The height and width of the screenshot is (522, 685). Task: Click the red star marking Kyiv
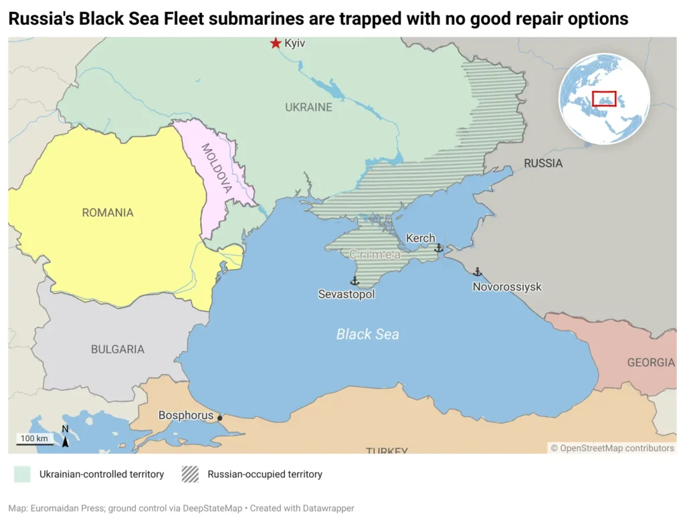[x=275, y=43]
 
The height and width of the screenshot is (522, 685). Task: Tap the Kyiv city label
[x=295, y=43]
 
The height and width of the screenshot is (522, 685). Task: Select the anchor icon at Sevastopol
[x=355, y=281]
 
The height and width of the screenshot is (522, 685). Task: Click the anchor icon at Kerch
[x=439, y=248]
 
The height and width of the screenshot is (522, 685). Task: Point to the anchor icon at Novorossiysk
[x=477, y=272]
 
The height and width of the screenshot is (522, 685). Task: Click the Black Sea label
[x=367, y=334]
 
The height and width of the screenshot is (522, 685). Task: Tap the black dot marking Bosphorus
[x=219, y=418]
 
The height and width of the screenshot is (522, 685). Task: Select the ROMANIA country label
[x=108, y=213]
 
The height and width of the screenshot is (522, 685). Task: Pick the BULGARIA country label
[x=118, y=349]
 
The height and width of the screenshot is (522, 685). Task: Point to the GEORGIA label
[x=650, y=363]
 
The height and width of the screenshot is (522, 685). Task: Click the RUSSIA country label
[x=543, y=163]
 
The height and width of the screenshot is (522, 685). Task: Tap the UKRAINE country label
[x=308, y=107]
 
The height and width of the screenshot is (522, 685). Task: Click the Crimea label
[x=375, y=254]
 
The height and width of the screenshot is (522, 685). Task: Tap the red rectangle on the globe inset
[x=604, y=98]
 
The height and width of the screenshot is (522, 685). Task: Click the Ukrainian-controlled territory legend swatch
[x=22, y=474]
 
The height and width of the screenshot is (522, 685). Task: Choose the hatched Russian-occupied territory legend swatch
[x=190, y=474]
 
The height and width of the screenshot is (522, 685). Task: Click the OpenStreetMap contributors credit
[x=612, y=448]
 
